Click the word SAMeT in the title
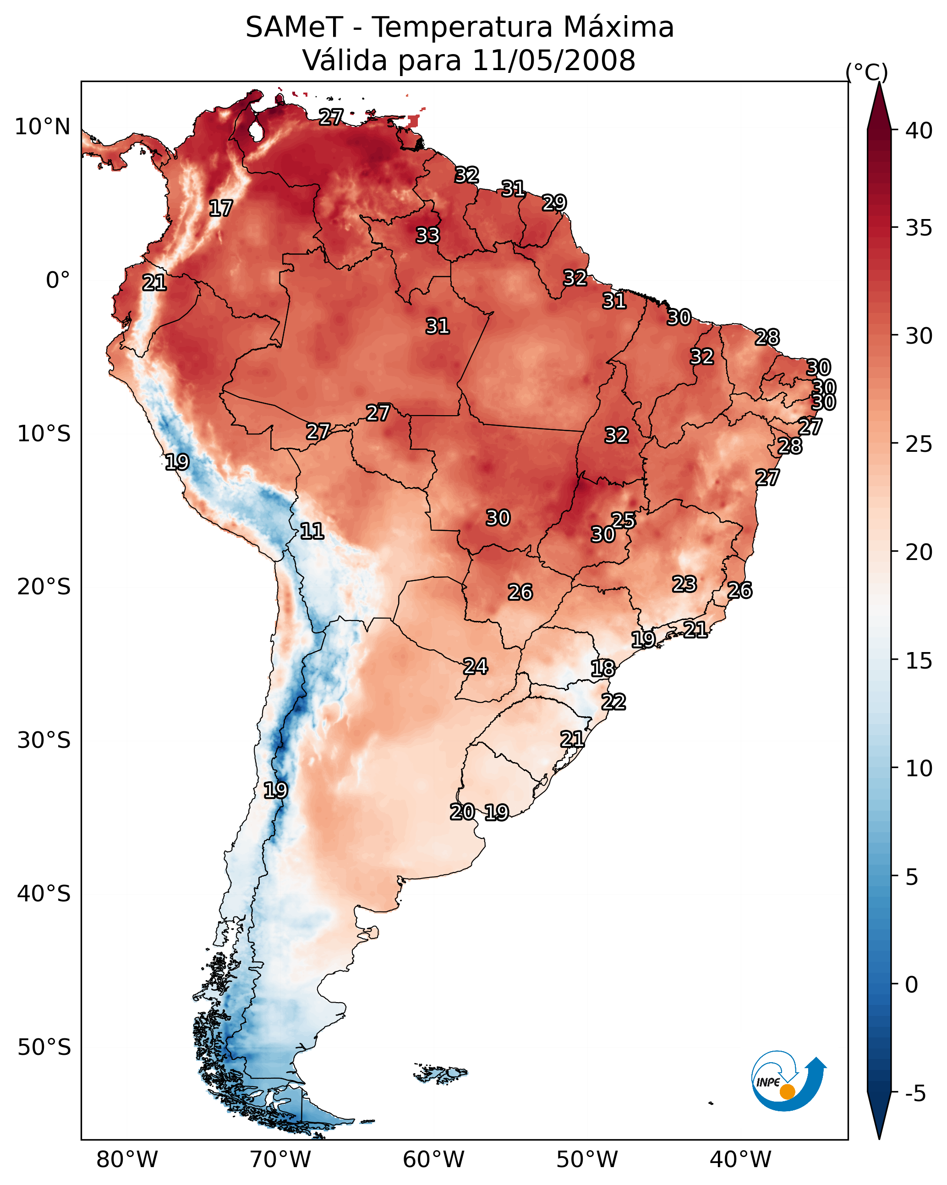[x=294, y=27]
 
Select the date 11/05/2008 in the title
[x=553, y=60]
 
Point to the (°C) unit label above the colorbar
[x=866, y=72]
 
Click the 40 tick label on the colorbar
[x=919, y=131]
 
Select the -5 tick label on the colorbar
[x=915, y=1093]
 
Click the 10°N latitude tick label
[x=42, y=127]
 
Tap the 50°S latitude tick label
[x=44, y=1048]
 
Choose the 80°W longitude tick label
[x=127, y=1159]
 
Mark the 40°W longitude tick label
[x=740, y=1159]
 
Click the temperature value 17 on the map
[x=221, y=208]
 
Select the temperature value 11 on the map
[x=312, y=531]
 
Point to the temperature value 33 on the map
[x=427, y=235]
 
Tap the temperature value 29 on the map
[x=554, y=203]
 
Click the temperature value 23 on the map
[x=684, y=584]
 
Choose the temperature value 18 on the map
[x=603, y=669]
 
